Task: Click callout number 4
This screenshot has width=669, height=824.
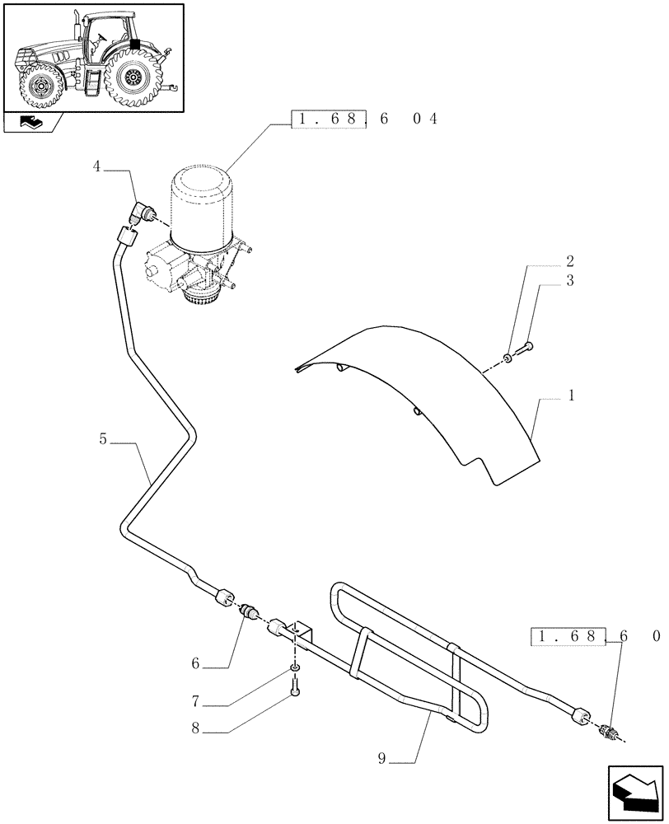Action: click(x=97, y=166)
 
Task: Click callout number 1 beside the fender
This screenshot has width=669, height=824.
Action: click(x=571, y=396)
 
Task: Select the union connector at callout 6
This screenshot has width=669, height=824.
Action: click(x=248, y=611)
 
